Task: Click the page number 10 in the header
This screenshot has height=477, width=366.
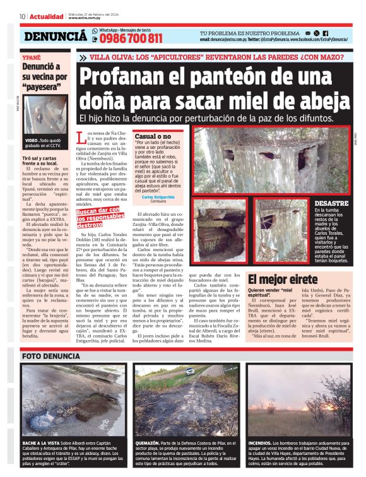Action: (23, 16)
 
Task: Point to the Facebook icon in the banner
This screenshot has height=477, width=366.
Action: (326, 32)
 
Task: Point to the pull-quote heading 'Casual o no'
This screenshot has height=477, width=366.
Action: (153, 136)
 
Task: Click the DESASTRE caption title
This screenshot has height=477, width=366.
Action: (331, 204)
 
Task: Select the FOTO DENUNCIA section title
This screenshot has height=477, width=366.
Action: (49, 356)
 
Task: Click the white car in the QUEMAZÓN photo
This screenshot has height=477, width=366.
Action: (190, 372)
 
